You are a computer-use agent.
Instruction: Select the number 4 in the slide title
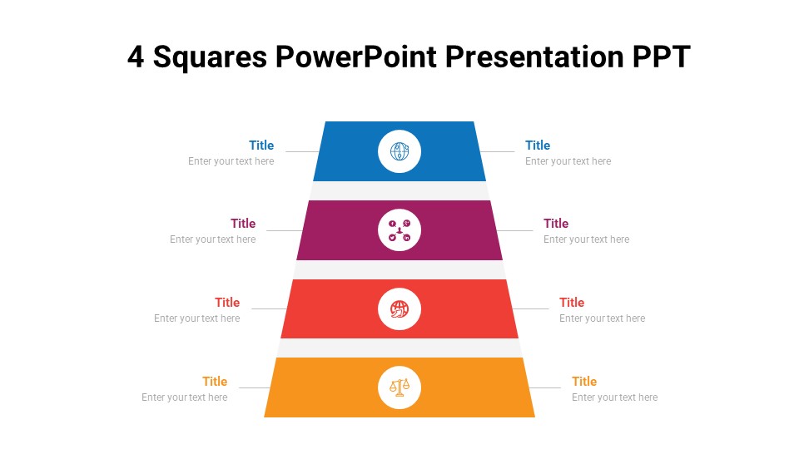point(136,57)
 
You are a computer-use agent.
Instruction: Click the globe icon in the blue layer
point(399,151)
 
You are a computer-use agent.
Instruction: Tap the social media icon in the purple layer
point(399,230)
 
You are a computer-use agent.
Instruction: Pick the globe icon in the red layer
point(399,309)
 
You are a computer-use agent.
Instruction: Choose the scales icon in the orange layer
point(399,387)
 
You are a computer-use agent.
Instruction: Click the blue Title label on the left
point(261,146)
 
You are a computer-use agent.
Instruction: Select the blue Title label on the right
point(538,146)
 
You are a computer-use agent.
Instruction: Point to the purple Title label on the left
point(243,224)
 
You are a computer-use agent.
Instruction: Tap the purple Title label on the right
point(556,224)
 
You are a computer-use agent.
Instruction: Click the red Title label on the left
point(227,303)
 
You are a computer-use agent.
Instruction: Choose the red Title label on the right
point(572,303)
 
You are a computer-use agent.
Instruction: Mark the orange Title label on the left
point(215,382)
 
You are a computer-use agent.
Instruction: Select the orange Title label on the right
point(584,382)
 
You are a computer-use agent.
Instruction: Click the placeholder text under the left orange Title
point(184,397)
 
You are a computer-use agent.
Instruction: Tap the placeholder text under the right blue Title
point(568,161)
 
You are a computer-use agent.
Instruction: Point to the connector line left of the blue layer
point(301,151)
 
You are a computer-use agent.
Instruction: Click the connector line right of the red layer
point(531,309)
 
